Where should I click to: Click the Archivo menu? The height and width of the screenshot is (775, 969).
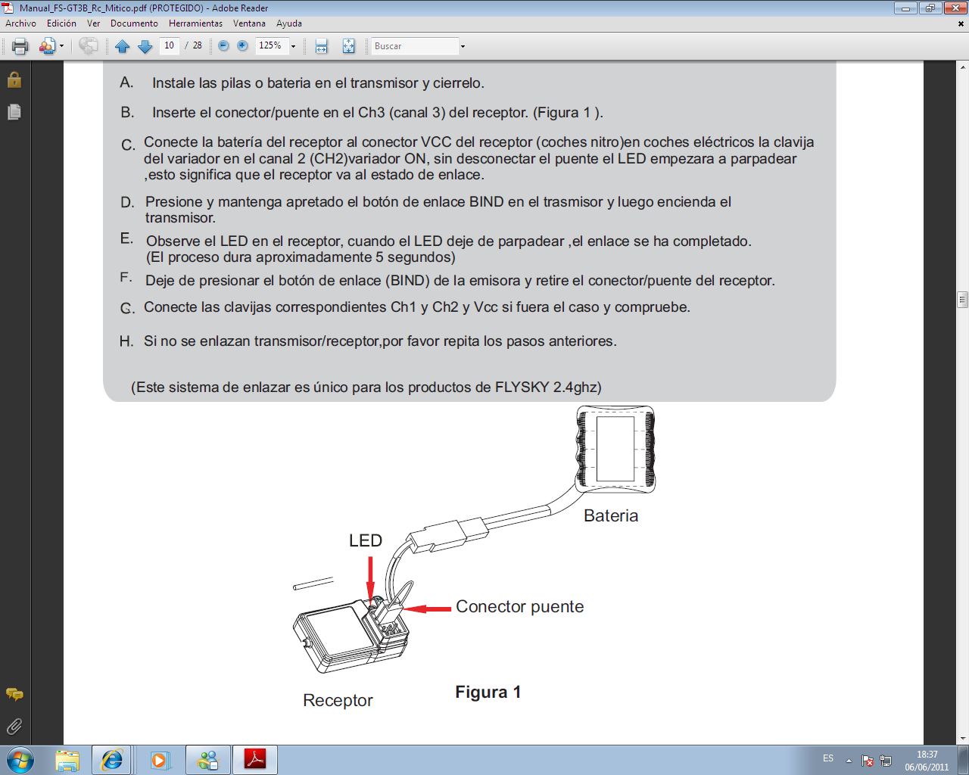pos(20,23)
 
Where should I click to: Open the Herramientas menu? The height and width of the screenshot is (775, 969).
pos(195,23)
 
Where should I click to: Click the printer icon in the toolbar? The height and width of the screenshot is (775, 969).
pos(20,46)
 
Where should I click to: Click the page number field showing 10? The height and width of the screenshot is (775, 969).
pos(170,45)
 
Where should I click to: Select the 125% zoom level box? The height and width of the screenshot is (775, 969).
pos(272,45)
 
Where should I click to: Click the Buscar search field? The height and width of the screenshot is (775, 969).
pos(414,46)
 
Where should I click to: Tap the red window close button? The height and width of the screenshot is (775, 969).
pos(955,8)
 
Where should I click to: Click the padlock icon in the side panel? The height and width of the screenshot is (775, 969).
pos(14,79)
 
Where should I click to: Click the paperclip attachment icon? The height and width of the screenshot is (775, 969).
pos(14,726)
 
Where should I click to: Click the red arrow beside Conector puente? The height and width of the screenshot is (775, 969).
pos(427,608)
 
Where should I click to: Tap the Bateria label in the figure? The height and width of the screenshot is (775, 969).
pos(611,515)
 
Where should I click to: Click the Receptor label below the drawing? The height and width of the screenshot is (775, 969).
pos(338,700)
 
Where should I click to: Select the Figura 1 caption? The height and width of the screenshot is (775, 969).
pos(488,692)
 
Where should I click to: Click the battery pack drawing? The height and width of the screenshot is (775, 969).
pos(615,449)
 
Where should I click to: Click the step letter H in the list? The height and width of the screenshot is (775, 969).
pos(126,341)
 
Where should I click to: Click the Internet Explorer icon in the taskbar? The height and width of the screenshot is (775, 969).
pos(111,760)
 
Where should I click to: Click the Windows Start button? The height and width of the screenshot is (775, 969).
pos(20,760)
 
